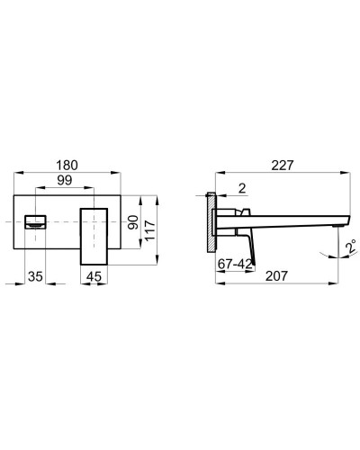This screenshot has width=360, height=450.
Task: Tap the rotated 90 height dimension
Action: (133, 222)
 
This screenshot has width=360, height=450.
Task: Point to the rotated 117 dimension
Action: (151, 231)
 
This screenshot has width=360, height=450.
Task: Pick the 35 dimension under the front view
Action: (33, 276)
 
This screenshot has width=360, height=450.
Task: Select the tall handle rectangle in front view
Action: (94, 235)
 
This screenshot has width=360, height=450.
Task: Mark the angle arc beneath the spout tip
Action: (334, 256)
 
